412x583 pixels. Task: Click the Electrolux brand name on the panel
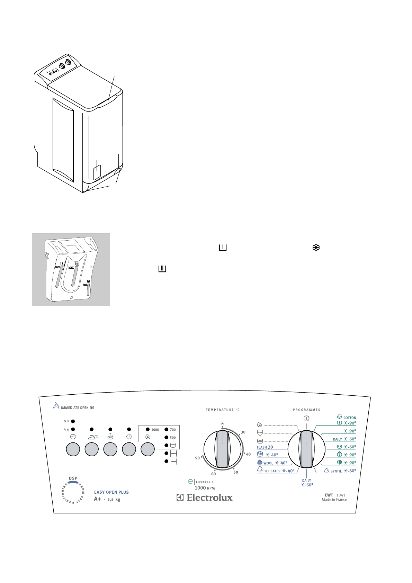pos(209,497)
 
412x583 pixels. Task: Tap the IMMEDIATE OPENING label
pos(78,408)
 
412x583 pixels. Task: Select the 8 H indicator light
pos(73,421)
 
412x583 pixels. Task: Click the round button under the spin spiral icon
pos(148,449)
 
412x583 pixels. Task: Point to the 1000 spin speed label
pos(155,430)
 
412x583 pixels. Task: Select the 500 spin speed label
pos(173,438)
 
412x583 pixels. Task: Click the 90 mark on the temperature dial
pos(197,458)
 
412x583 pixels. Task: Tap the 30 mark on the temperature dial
pos(243,432)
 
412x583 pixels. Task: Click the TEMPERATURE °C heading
pos(223,410)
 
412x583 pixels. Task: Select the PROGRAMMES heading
pos(307,410)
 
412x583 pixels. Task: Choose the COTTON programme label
pos(349,418)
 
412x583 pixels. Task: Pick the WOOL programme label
pos(268,463)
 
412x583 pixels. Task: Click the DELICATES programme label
pos(272,471)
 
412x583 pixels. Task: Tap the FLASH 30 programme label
pos(265,447)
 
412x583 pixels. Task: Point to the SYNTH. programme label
pos(336,471)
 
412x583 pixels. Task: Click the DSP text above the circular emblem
pos(73,478)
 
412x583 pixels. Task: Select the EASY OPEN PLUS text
pos(111,492)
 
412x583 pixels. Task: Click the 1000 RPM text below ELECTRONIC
pos(205,488)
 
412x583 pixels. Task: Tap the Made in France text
pos(334,500)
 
